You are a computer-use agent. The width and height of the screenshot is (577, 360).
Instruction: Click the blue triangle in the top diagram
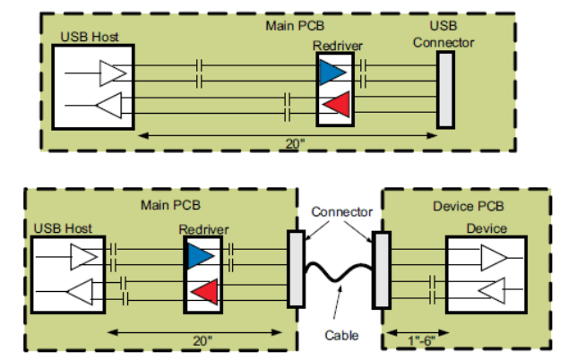coord(331,73)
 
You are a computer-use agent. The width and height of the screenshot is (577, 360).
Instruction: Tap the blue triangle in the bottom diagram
coord(200,258)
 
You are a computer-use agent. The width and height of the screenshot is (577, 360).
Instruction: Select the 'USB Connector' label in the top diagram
coord(444,35)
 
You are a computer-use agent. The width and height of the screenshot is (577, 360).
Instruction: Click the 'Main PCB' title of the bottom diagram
coord(170,204)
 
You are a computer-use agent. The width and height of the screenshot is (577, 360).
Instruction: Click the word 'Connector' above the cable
coord(340,211)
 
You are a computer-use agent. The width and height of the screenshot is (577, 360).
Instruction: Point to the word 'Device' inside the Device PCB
coord(487,228)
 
